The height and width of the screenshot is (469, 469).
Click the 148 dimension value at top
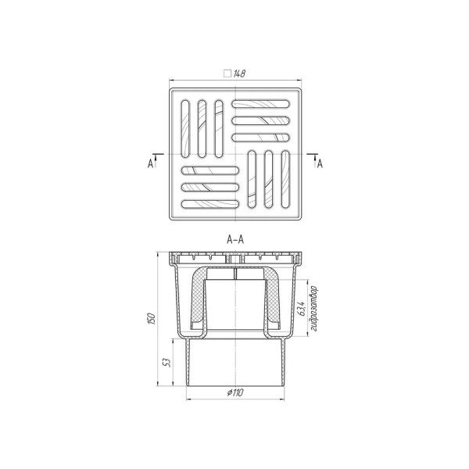(x=239, y=73)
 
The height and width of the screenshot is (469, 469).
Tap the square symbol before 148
(x=227, y=73)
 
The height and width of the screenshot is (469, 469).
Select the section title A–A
(x=235, y=240)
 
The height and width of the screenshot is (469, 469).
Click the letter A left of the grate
(x=150, y=163)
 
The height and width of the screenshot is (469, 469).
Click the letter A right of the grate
(x=320, y=163)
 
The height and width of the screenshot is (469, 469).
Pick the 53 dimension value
(x=167, y=363)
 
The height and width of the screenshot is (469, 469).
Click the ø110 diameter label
(x=235, y=392)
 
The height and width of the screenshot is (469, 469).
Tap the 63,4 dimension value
(x=302, y=309)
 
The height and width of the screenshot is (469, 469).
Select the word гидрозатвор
(x=313, y=309)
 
